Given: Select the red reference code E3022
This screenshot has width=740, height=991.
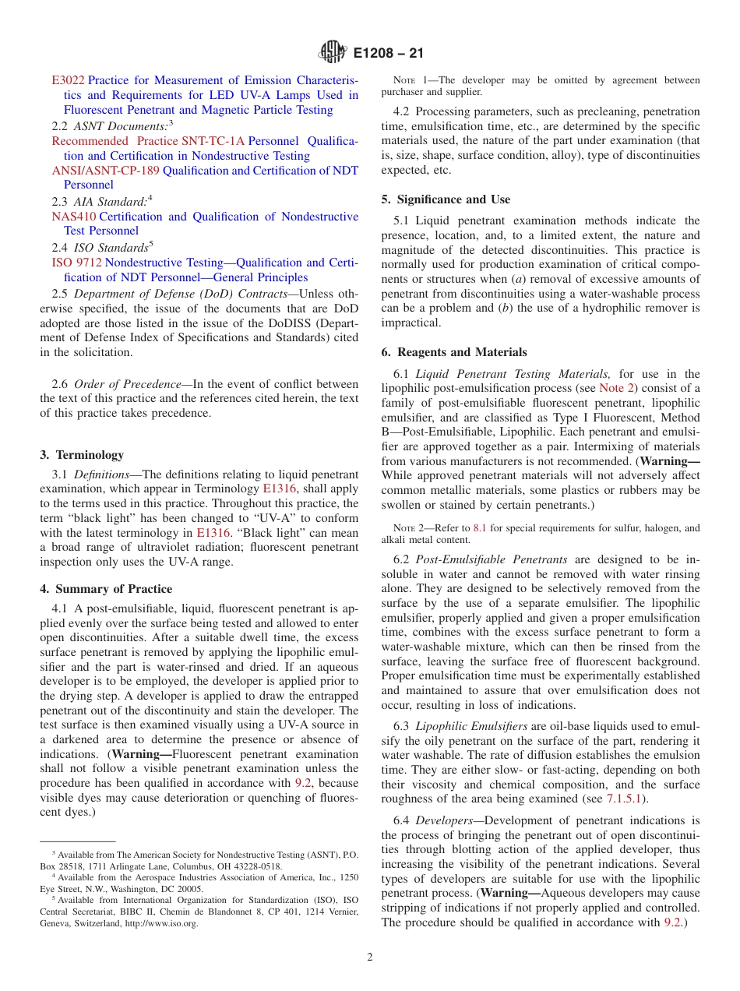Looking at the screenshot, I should pyautogui.click(x=68, y=80).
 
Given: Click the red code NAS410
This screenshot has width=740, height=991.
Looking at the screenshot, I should pyautogui.click(x=74, y=217).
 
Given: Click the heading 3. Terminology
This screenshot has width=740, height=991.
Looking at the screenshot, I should pyautogui.click(x=81, y=455).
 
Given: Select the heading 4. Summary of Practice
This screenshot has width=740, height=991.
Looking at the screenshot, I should pyautogui.click(x=106, y=589).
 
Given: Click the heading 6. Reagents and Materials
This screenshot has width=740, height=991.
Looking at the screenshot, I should pyautogui.click(x=453, y=352).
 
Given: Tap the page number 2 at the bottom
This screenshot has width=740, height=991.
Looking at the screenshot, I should pyautogui.click(x=370, y=957).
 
